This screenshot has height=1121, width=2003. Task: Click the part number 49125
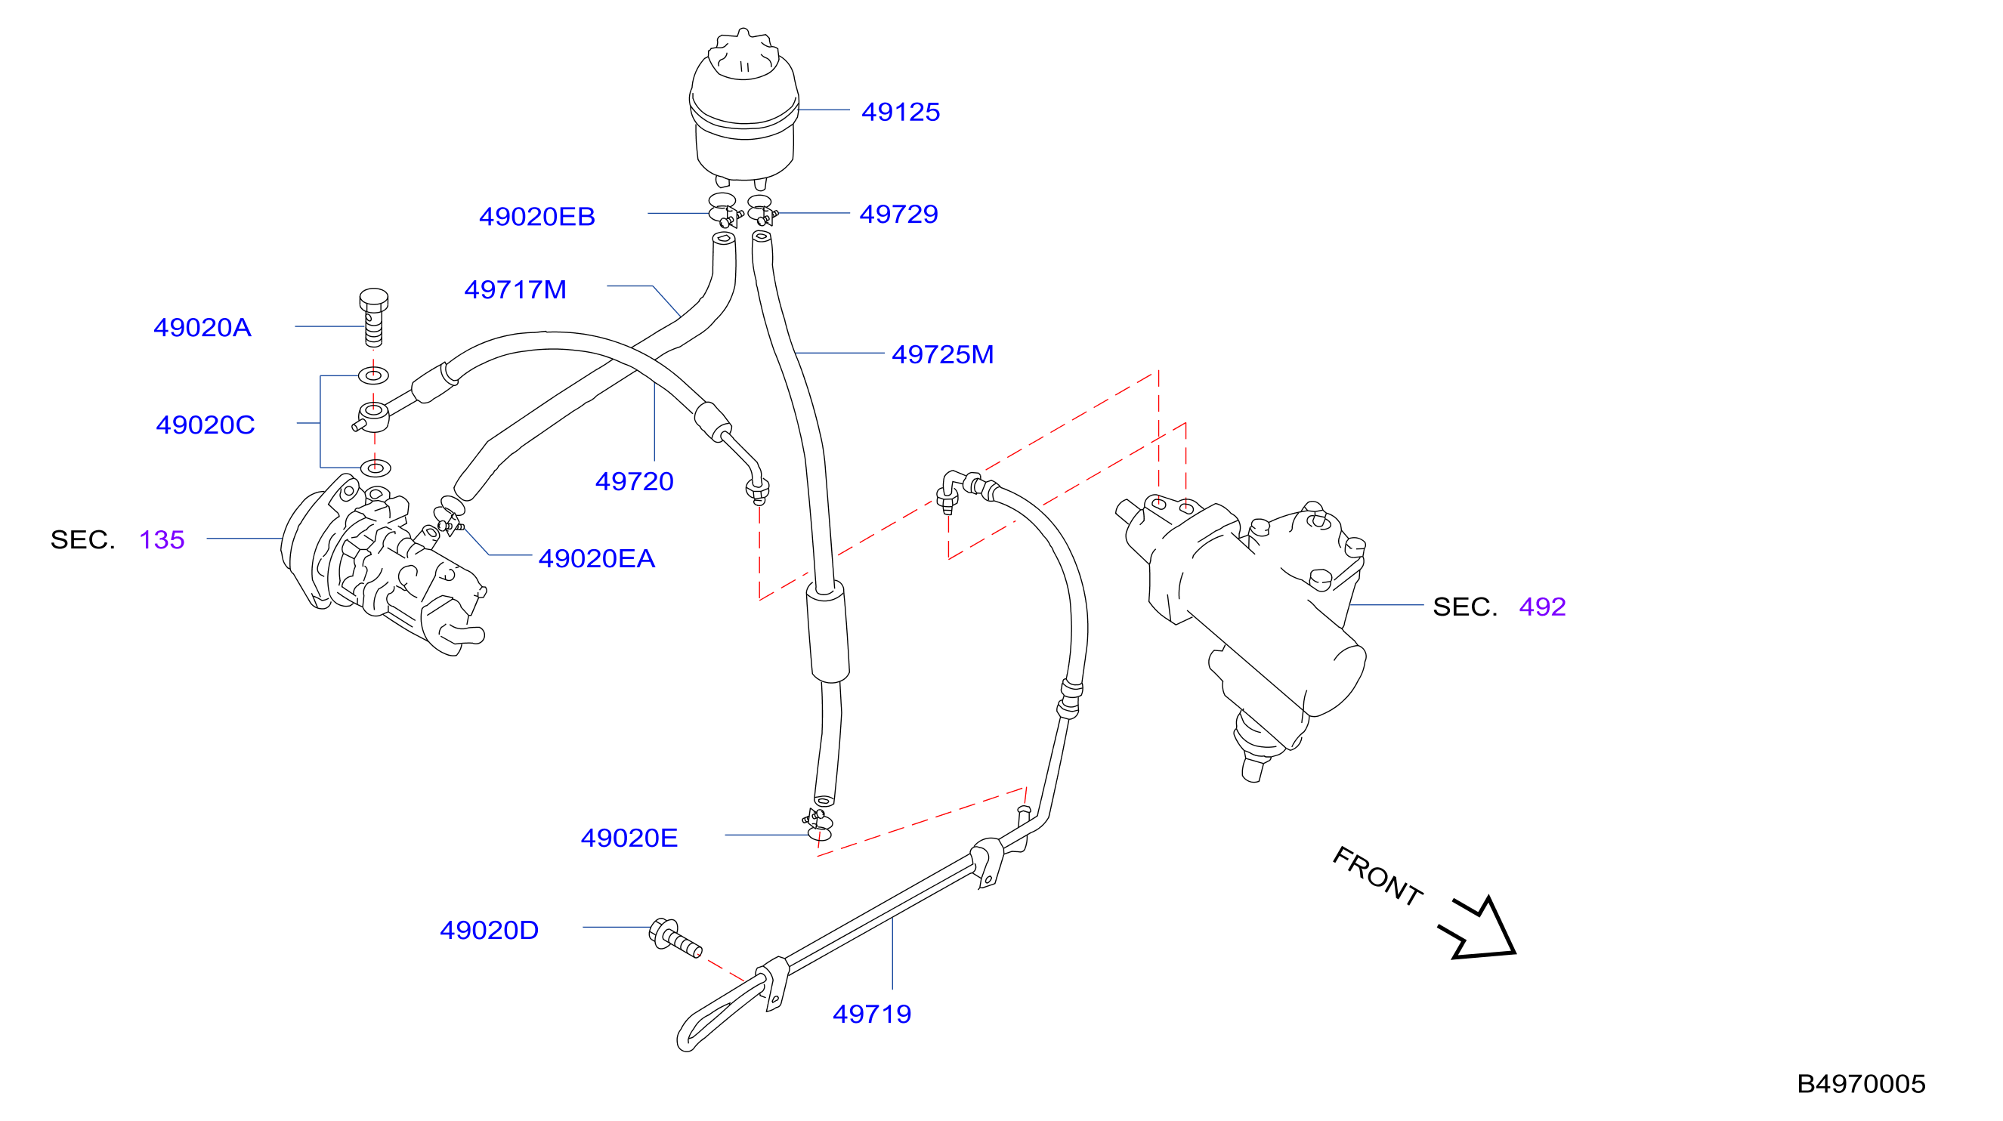click(x=901, y=112)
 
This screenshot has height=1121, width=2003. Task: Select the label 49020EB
click(x=537, y=216)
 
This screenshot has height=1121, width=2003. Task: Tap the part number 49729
click(x=899, y=214)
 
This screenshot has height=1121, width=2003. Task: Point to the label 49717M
click(x=515, y=289)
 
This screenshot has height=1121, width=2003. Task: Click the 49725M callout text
click(x=942, y=354)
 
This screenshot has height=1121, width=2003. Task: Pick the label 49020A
click(x=202, y=327)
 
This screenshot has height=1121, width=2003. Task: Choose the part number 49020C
click(x=206, y=425)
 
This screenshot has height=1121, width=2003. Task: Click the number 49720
click(x=635, y=481)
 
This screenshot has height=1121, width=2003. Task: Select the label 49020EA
click(x=597, y=558)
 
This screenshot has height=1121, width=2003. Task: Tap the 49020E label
click(x=629, y=837)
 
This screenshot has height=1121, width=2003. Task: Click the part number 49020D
click(x=489, y=930)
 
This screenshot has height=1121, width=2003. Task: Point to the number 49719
click(x=872, y=1014)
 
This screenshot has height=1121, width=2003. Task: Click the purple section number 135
click(x=162, y=539)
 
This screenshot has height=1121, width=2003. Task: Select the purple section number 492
click(x=1542, y=607)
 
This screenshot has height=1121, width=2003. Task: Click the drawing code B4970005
click(x=1861, y=1084)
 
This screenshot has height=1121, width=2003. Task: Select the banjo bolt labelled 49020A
click(x=374, y=317)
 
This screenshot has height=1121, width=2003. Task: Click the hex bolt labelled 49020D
click(x=674, y=937)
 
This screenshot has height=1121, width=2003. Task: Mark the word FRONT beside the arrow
click(x=1377, y=876)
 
